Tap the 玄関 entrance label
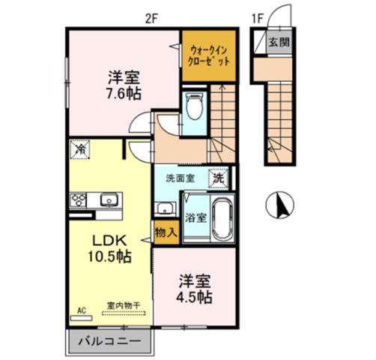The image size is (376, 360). tap(279, 41)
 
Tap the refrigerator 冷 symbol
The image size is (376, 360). tap(79, 149)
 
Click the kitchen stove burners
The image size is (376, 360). tap(79, 200)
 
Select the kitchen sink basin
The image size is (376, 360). tap(107, 200)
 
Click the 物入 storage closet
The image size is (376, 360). tap(166, 232)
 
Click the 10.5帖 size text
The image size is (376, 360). tap(111, 257)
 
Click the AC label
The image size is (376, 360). tap(82, 307)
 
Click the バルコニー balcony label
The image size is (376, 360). tap(110, 343)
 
